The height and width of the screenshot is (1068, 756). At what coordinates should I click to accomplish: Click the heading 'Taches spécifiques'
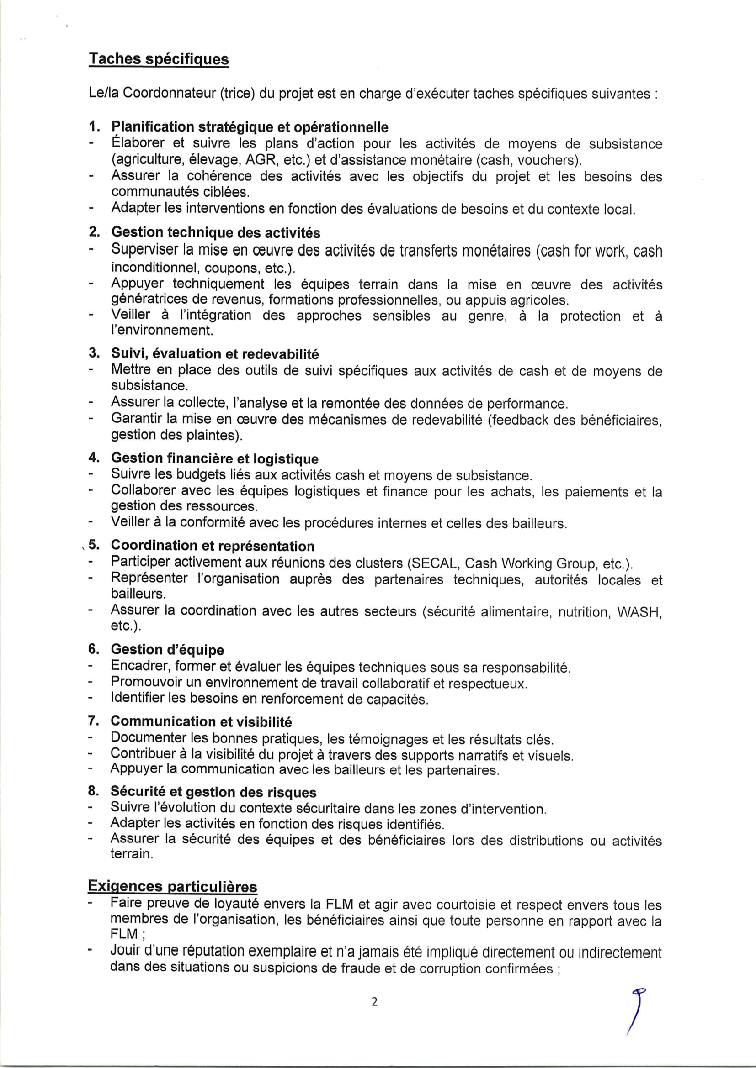(159, 59)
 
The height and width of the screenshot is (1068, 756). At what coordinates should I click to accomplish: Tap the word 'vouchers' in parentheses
(548, 160)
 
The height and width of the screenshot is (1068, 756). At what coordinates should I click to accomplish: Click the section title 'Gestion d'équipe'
(167, 650)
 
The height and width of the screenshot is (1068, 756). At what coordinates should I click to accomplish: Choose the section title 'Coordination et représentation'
(212, 546)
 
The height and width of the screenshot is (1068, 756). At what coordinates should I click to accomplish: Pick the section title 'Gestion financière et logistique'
(215, 458)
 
